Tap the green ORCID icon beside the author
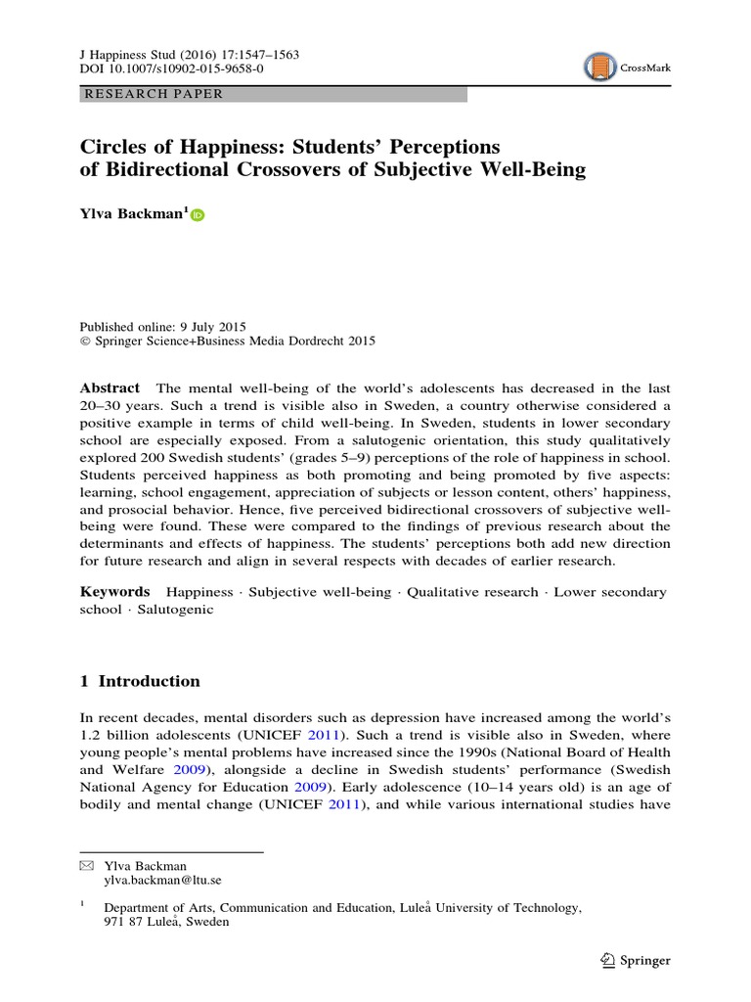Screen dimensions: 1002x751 point(198,216)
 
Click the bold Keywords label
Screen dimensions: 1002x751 point(114,592)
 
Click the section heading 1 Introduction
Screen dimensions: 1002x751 point(139,681)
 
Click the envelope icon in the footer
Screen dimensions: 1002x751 point(85,866)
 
